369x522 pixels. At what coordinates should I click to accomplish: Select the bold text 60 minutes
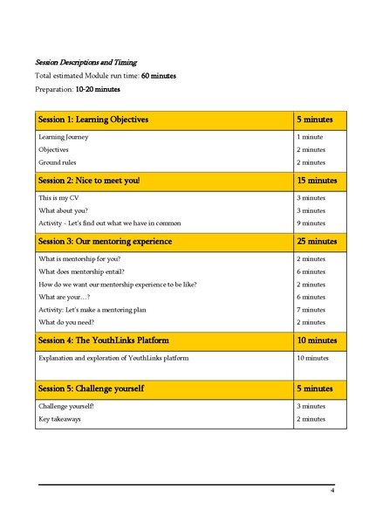(159, 76)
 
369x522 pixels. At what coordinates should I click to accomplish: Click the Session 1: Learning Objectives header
(93, 119)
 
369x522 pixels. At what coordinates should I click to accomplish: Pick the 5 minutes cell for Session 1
(311, 119)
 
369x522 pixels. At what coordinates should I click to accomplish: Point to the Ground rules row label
(58, 162)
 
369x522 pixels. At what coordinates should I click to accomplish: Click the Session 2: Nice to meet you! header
(88, 180)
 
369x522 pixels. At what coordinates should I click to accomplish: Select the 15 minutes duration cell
(316, 180)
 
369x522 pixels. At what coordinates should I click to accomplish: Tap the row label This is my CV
(60, 198)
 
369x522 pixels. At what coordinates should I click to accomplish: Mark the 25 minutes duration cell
(316, 241)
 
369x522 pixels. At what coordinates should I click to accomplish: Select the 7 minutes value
(311, 309)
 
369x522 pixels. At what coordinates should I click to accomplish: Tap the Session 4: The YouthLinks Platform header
(104, 340)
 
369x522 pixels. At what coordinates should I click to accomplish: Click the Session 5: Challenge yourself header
(91, 388)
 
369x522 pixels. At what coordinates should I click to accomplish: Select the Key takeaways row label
(60, 419)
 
